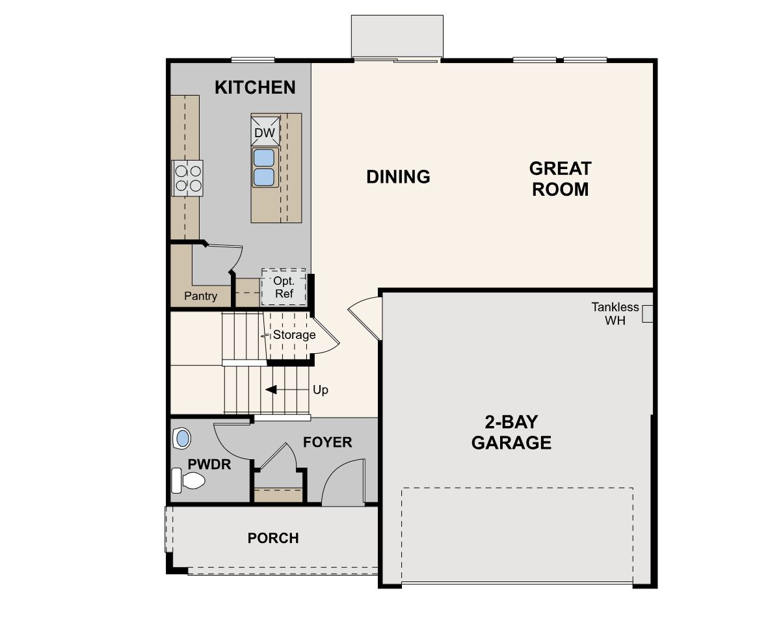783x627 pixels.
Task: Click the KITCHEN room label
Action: (255, 87)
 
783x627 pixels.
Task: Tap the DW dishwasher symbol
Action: (265, 133)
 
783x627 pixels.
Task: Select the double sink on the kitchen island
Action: (264, 167)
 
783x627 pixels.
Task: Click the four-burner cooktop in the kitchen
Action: (187, 178)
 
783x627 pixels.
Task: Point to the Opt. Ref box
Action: (284, 287)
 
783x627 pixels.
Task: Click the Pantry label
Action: (200, 296)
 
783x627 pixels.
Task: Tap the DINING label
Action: (398, 176)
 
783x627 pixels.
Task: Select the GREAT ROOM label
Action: (560, 179)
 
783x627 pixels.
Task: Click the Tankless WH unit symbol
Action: (647, 313)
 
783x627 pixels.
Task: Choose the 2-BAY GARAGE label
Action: (511, 433)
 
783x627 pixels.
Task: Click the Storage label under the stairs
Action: (294, 335)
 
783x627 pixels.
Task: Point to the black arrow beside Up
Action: (271, 390)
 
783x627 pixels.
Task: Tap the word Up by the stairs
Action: (321, 390)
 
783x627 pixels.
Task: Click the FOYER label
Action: (328, 442)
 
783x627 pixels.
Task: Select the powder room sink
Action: (183, 438)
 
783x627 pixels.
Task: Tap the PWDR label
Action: (209, 464)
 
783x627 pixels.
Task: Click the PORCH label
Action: (273, 539)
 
